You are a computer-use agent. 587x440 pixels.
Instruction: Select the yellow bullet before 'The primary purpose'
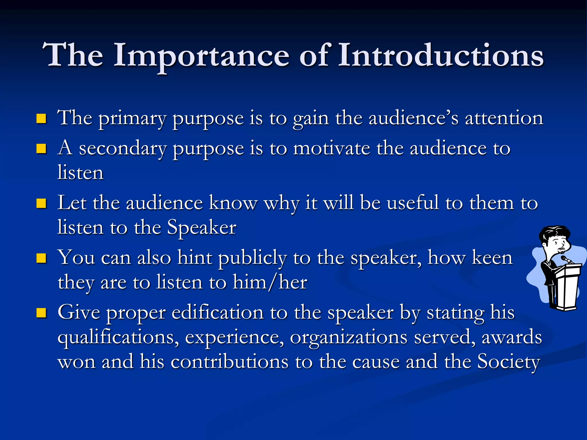coord(42,118)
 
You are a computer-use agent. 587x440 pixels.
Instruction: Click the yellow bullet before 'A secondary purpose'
coord(42,149)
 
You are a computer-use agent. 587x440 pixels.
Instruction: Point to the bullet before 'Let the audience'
coord(42,203)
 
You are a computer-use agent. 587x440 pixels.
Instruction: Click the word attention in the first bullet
coord(504,118)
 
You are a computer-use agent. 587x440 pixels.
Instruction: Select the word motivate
coord(332,149)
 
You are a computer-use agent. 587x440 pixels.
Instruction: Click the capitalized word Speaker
coord(201,228)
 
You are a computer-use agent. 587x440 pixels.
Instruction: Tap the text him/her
coord(270,282)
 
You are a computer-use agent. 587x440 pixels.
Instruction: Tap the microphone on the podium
coord(566,259)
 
